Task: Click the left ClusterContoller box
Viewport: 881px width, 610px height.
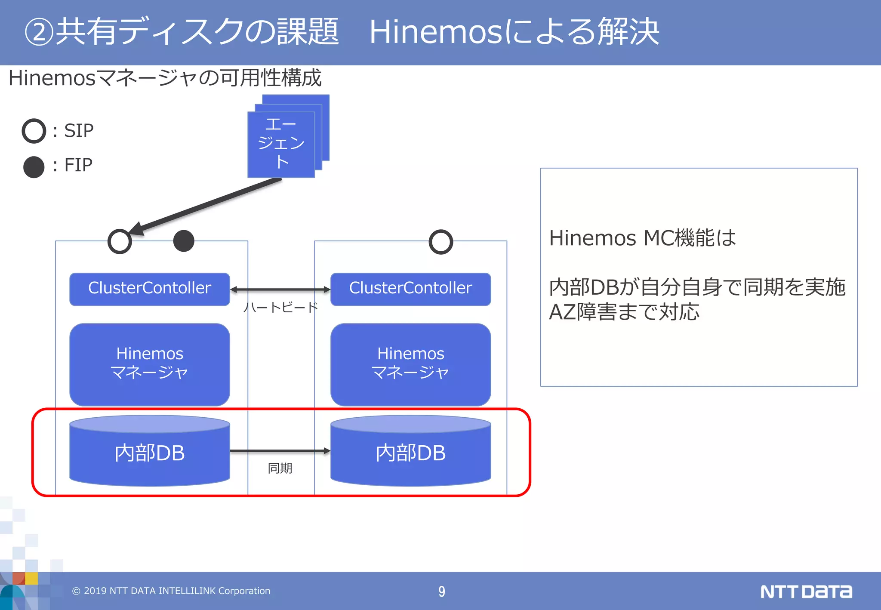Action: click(x=149, y=289)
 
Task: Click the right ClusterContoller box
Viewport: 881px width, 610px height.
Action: click(x=410, y=289)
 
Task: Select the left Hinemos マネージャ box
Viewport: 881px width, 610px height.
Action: click(x=149, y=364)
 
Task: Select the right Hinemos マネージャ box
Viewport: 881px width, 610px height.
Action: click(x=410, y=364)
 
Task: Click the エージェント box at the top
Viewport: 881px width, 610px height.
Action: click(x=281, y=144)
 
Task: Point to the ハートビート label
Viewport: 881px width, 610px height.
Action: click(x=280, y=307)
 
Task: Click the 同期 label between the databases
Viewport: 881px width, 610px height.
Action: click(x=280, y=468)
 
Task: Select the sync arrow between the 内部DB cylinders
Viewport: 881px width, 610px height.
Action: click(x=280, y=451)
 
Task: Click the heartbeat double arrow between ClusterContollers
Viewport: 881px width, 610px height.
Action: click(x=280, y=290)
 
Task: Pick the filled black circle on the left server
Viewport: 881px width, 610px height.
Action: click(x=184, y=241)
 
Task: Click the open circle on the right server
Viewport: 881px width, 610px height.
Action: click(x=441, y=242)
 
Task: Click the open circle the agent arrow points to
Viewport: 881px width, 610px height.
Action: click(x=120, y=241)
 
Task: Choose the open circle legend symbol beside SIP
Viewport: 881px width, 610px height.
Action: click(x=34, y=131)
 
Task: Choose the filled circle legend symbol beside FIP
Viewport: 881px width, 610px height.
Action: click(x=34, y=167)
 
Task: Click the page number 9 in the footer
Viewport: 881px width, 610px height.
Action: click(x=441, y=592)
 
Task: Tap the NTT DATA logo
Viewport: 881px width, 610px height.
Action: click(x=806, y=592)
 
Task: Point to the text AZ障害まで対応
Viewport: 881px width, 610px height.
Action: click(x=624, y=312)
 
